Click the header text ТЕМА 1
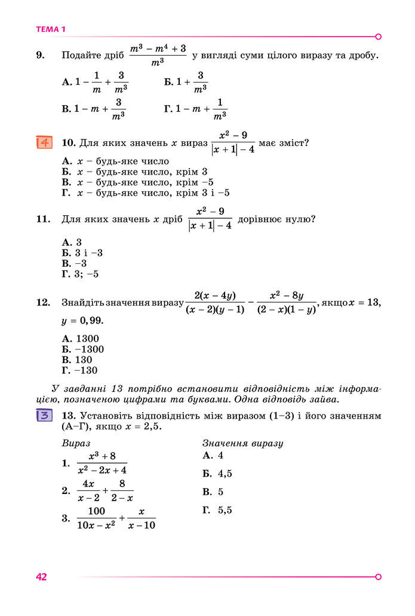(51, 29)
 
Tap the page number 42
(41, 577)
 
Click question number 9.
(41, 56)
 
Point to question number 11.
(42, 219)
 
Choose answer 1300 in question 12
(81, 339)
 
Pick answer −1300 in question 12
(84, 349)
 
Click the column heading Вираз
(76, 444)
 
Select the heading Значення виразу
(242, 444)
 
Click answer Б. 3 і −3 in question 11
(82, 253)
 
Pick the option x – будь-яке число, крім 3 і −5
(146, 193)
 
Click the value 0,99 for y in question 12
(89, 321)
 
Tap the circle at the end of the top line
(378, 36)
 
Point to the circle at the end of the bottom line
(378, 577)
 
